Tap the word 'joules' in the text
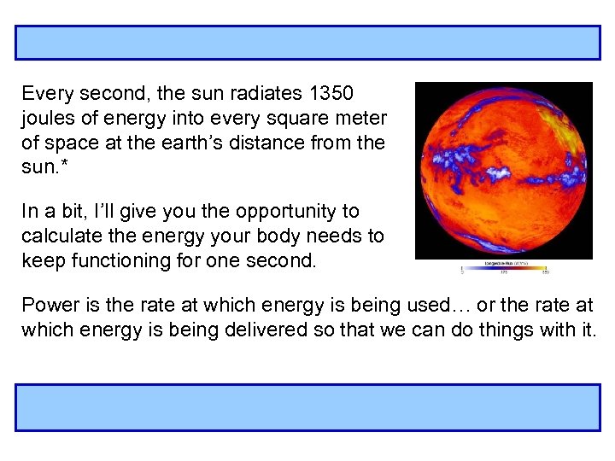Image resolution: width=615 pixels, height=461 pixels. coord(48,117)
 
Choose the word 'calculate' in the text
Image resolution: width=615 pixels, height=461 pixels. coord(57,236)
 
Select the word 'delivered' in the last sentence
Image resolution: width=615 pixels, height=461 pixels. coord(278,330)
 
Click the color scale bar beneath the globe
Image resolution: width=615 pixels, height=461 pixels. coord(505,267)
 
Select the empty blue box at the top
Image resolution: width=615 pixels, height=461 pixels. coord(307,43)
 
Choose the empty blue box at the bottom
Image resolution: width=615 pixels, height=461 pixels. coord(307,407)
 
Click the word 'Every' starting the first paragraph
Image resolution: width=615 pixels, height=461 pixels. coord(48,93)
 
